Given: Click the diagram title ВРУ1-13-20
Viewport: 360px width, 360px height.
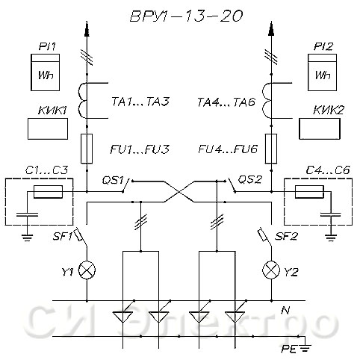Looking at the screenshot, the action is (186, 16).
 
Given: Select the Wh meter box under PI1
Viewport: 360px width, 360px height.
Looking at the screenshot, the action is (45, 72).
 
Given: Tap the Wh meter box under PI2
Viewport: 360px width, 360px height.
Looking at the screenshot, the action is (322, 72).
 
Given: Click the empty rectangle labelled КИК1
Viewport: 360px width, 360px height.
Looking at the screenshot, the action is (48, 128).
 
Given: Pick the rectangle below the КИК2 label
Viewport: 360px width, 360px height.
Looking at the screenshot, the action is (320, 128).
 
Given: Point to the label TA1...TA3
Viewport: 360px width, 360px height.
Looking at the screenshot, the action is (140, 102).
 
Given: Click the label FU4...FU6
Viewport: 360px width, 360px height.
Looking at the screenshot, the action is (228, 149).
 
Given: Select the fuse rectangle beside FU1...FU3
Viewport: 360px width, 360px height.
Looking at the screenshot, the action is (87, 149).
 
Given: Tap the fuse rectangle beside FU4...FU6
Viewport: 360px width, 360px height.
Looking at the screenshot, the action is (271, 149).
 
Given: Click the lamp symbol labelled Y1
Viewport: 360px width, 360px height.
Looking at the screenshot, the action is (87, 270).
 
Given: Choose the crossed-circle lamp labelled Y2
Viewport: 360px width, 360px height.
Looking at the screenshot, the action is (271, 270).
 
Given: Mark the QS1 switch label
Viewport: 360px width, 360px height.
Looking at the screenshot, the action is (113, 180).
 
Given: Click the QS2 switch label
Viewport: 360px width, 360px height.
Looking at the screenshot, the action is (249, 179).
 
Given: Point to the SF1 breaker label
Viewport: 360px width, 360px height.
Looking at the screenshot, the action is (62, 237).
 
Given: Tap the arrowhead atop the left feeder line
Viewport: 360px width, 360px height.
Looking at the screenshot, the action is (87, 29).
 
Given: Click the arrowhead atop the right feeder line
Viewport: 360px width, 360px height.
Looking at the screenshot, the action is (271, 29).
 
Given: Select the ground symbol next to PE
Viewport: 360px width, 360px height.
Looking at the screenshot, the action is (305, 347).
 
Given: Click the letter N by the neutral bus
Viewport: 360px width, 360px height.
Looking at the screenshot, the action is (285, 310).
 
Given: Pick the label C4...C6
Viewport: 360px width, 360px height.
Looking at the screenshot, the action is (328, 170).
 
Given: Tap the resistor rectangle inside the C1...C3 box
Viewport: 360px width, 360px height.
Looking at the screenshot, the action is (48, 192).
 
